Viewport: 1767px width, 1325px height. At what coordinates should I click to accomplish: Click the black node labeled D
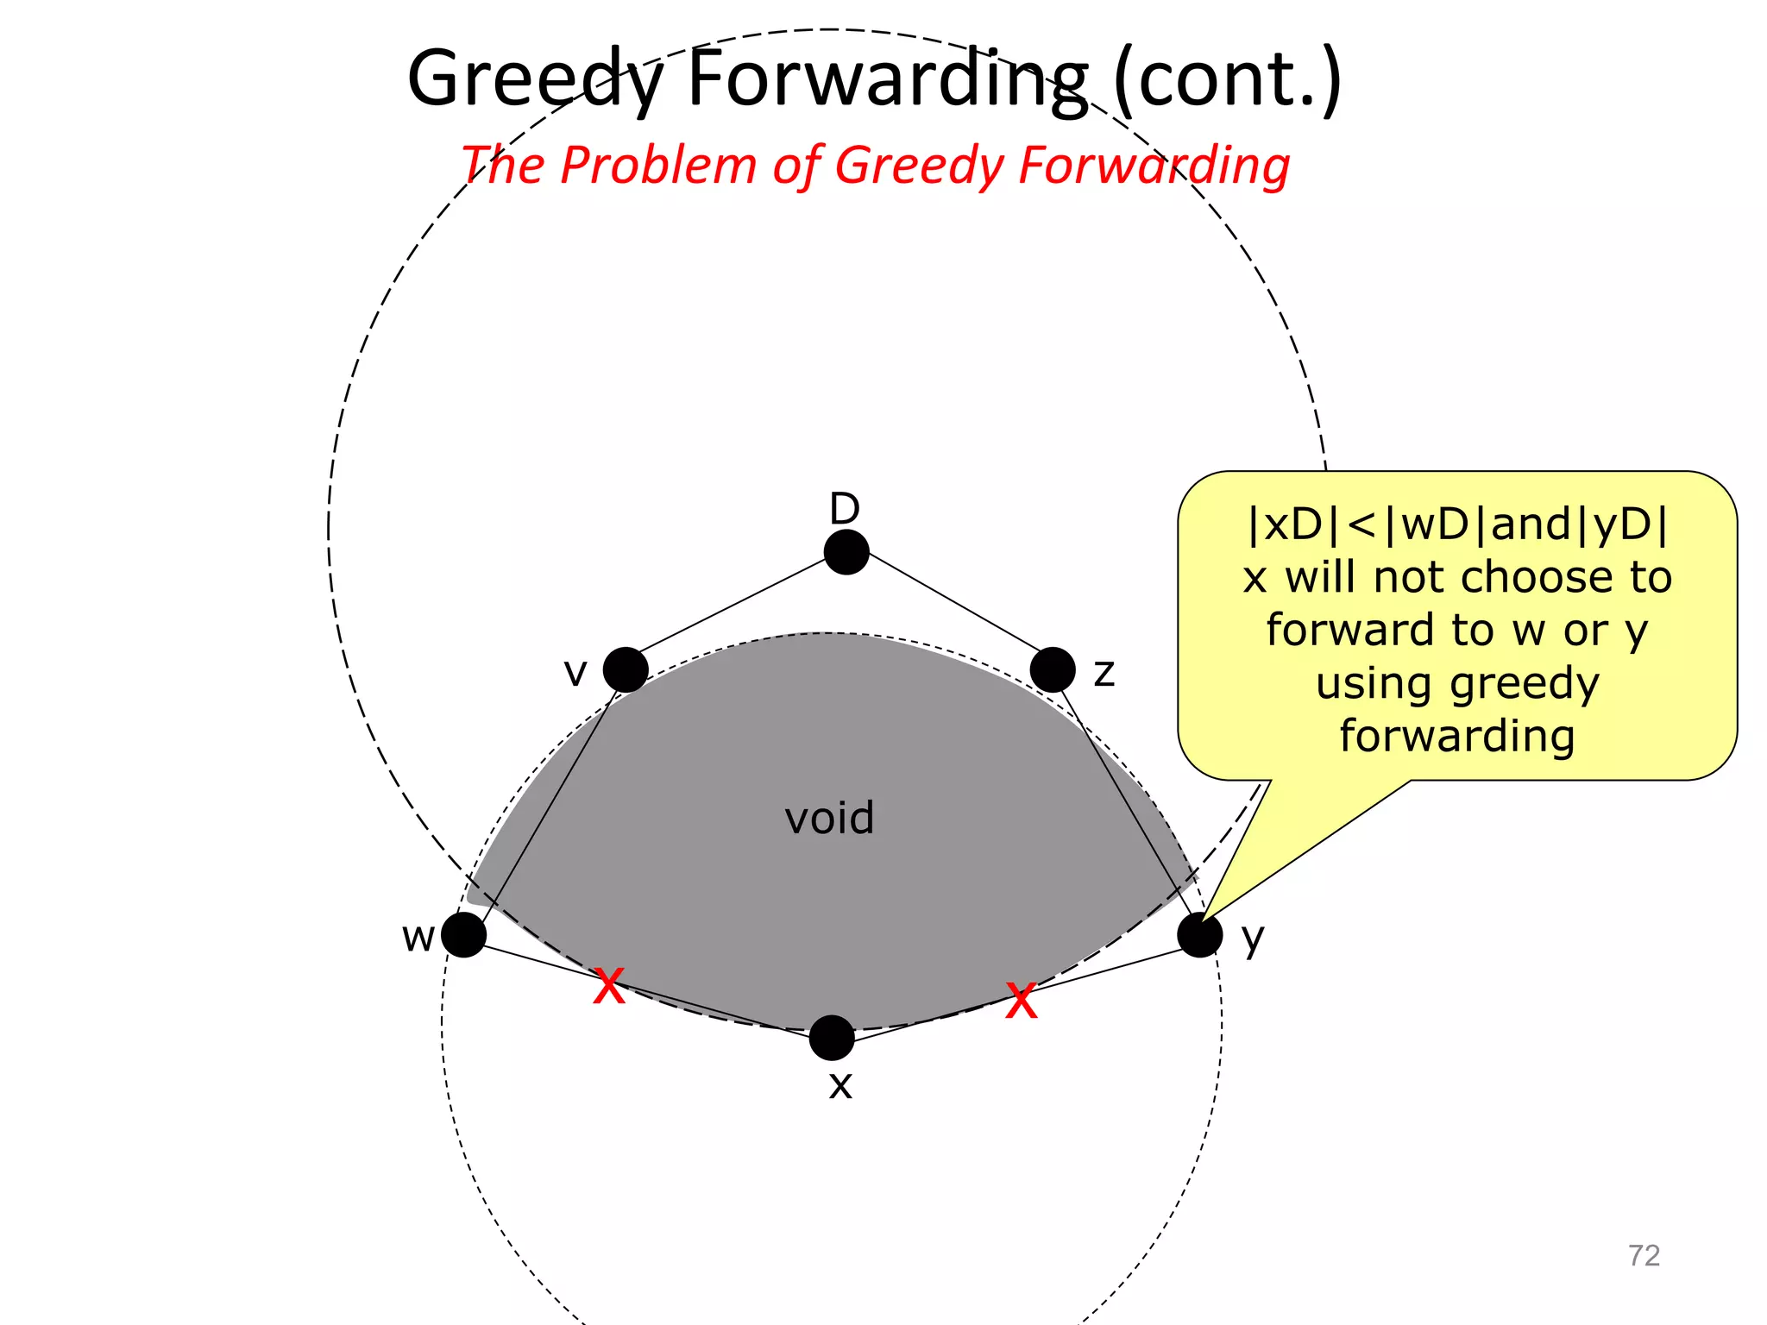click(x=846, y=552)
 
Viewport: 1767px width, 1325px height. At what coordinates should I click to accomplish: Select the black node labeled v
click(x=626, y=669)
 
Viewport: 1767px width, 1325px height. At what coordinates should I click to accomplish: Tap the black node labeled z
click(x=1053, y=669)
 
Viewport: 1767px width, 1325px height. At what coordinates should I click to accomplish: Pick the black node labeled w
click(x=464, y=934)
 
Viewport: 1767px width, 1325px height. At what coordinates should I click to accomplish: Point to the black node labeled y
click(x=1200, y=934)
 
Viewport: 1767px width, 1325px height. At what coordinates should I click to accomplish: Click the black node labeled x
click(x=832, y=1037)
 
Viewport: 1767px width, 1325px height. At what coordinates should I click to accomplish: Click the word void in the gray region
click(x=829, y=818)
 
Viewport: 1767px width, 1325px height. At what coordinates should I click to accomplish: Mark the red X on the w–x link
click(x=609, y=986)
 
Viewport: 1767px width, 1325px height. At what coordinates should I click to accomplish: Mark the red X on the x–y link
click(x=1022, y=1002)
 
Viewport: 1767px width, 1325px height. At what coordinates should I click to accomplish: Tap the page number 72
click(x=1644, y=1255)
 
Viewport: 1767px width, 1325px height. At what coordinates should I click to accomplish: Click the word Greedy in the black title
click(x=535, y=79)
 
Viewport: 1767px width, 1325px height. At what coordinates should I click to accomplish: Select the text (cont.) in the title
click(x=1228, y=79)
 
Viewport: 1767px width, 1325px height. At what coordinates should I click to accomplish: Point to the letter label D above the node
click(x=845, y=509)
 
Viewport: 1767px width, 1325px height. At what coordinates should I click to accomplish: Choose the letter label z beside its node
click(x=1104, y=672)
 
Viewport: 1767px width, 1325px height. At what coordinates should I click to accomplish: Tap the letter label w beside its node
click(x=418, y=937)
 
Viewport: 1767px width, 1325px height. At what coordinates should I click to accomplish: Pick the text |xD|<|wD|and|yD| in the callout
click(x=1457, y=524)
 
